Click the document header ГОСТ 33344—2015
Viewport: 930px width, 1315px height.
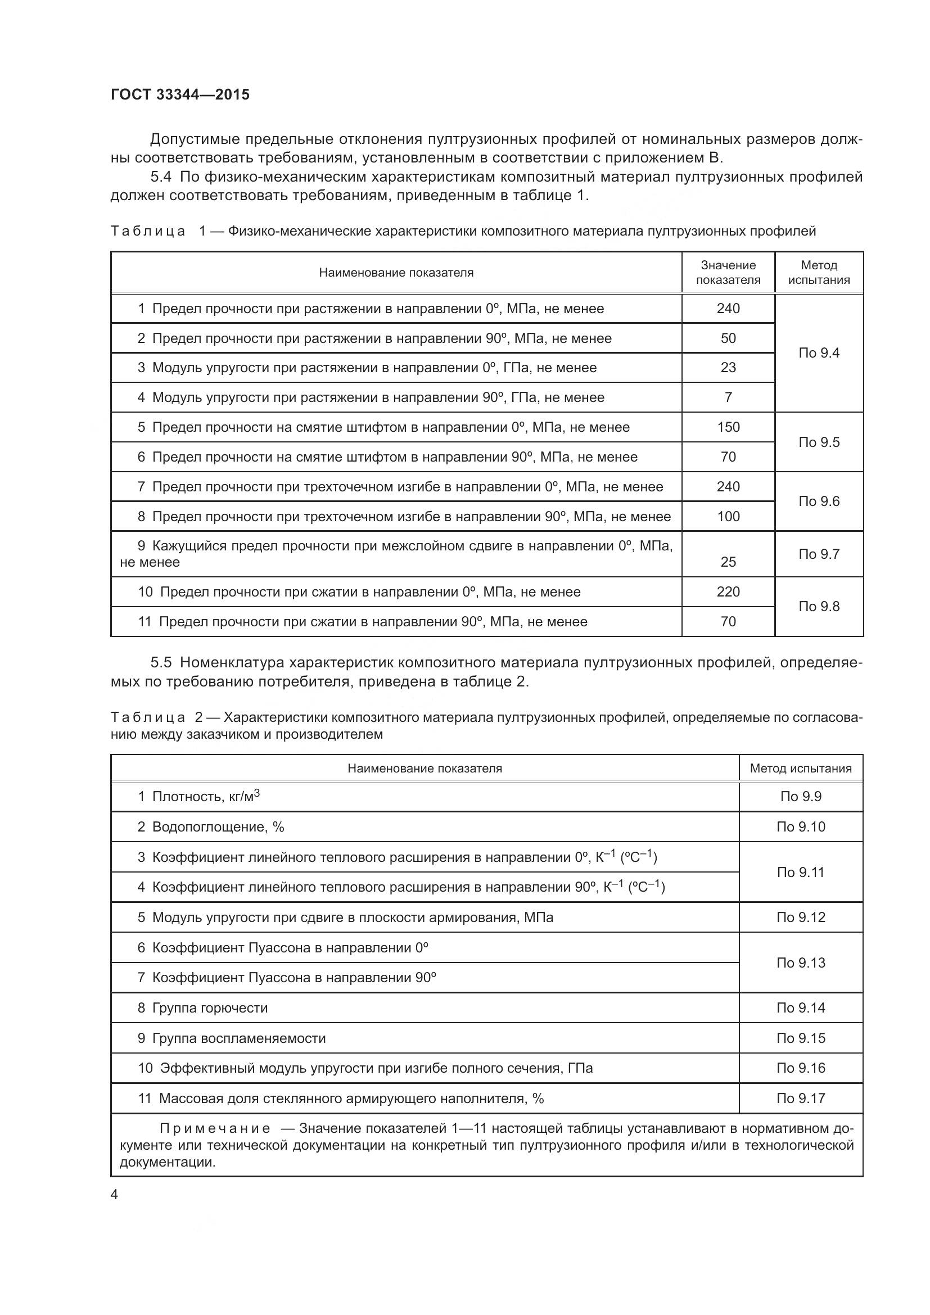click(180, 94)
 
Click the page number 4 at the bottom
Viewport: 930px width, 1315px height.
click(115, 1195)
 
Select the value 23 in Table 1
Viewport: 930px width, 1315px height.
click(728, 368)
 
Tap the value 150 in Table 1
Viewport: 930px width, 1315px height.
click(728, 427)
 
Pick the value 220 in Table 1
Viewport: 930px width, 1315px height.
click(728, 591)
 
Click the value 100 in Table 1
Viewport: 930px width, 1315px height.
click(728, 517)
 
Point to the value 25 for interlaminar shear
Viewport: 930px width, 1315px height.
click(728, 562)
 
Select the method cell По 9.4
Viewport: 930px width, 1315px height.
click(818, 353)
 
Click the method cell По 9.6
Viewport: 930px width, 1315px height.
click(818, 501)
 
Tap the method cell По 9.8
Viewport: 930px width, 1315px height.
click(818, 607)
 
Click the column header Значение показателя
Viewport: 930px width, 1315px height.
click(728, 273)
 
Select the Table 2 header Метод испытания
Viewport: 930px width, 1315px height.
click(801, 769)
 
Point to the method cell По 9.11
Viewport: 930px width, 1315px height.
click(801, 873)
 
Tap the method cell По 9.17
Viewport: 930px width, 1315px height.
click(801, 1099)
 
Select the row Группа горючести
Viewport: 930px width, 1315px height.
click(210, 1008)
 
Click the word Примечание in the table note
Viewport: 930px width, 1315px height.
click(215, 1129)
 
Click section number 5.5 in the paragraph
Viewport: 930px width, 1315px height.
click(161, 663)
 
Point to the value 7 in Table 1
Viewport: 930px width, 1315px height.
click(728, 397)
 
